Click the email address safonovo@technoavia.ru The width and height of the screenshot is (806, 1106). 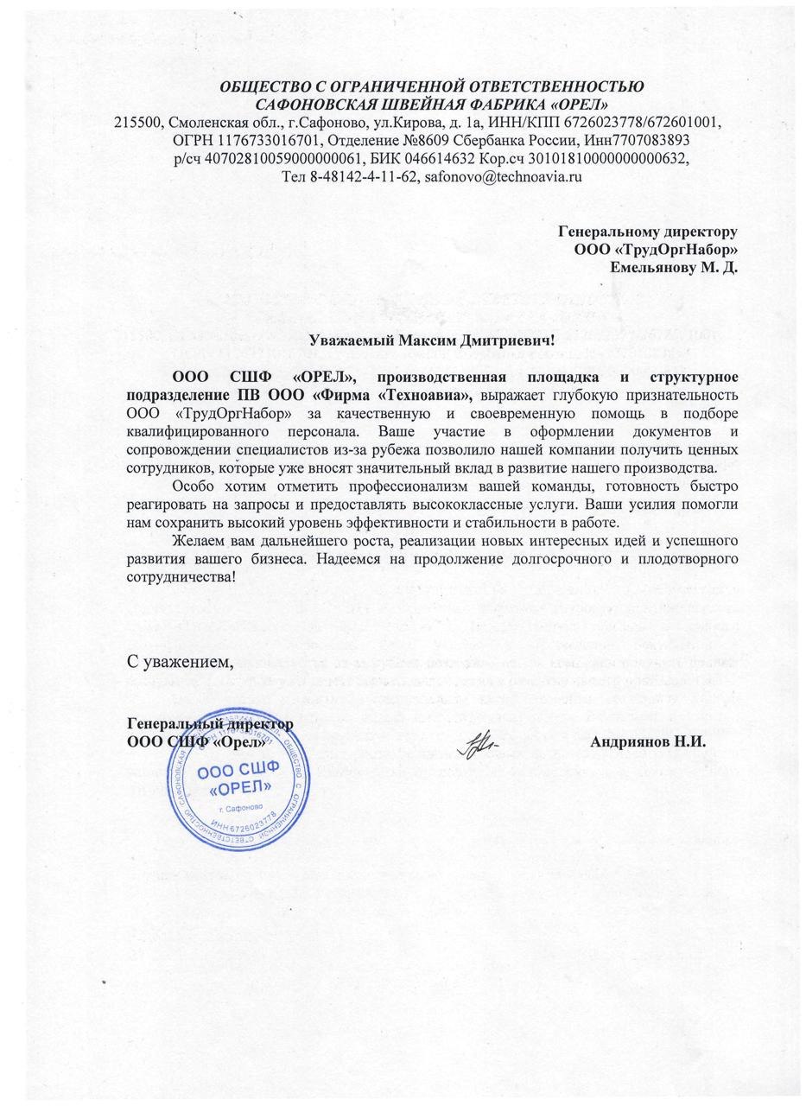pos(502,176)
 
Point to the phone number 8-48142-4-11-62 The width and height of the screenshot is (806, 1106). pos(364,176)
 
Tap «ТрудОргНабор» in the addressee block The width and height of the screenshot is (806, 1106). pos(674,249)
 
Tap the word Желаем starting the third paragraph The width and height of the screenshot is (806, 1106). pos(196,541)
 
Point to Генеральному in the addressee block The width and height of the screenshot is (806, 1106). pos(609,232)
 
